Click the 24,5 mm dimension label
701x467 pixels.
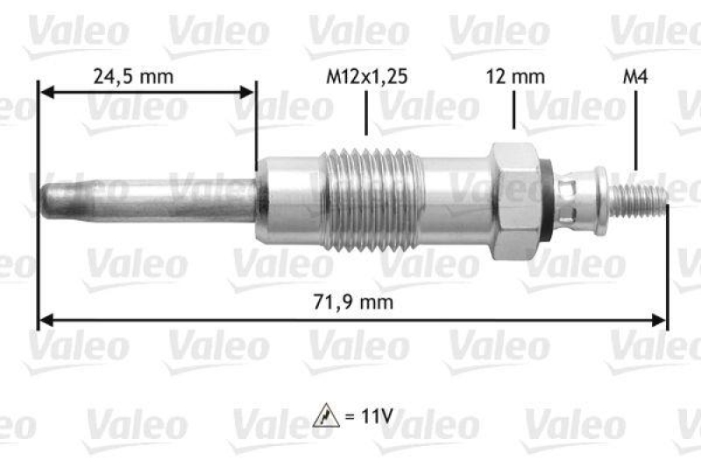point(133,76)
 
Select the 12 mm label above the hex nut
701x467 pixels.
point(515,76)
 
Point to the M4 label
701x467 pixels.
point(634,76)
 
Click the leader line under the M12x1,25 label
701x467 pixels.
point(365,114)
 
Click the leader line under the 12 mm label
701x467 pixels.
point(514,114)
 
